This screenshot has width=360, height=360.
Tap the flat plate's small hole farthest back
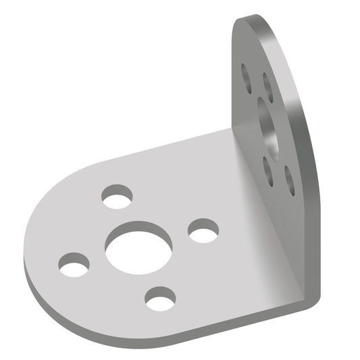point(117,197)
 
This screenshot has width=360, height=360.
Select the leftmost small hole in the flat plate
point(74,264)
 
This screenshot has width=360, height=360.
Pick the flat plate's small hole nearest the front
point(160,298)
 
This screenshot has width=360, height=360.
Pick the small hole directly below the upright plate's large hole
point(269,169)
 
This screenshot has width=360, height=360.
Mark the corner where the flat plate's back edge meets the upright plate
point(231,129)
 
